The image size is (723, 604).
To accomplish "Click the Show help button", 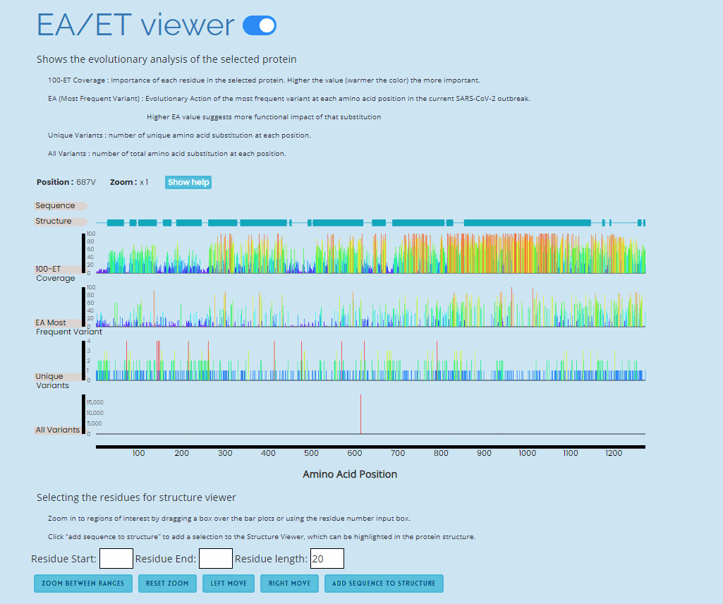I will click(x=188, y=182).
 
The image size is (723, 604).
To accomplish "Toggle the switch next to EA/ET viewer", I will click(x=259, y=26).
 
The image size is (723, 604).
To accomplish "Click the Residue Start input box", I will click(x=116, y=559).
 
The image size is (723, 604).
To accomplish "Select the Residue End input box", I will click(x=216, y=559).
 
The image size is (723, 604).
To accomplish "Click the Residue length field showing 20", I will click(x=327, y=559).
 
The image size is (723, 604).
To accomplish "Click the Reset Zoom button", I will click(x=167, y=584).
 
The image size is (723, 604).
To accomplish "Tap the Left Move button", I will click(x=229, y=584).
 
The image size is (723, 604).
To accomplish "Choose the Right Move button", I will click(x=289, y=584).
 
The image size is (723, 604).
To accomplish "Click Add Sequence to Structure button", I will click(x=384, y=584).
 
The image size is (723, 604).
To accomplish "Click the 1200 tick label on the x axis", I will click(x=614, y=453).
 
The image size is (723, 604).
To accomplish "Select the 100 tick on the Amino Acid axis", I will click(x=138, y=453).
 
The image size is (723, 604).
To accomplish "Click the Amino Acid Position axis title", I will click(x=350, y=474).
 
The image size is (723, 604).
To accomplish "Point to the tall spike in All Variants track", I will click(x=360, y=413).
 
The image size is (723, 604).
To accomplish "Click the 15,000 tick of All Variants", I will click(x=95, y=402).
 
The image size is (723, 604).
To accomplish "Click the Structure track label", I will click(x=54, y=221).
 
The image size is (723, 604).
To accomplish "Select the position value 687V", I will click(x=86, y=182).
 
